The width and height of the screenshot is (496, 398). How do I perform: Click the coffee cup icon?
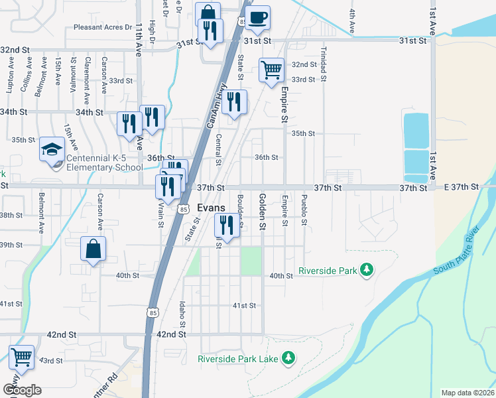tap(258, 17)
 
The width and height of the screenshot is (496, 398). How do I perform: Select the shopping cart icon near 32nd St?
tap(271, 69)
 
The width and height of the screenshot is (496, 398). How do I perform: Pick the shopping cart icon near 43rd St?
tap(22, 356)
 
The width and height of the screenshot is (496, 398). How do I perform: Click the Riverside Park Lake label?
tap(239, 359)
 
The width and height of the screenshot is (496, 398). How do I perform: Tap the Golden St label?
tap(263, 212)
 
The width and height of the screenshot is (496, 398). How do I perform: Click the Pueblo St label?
tap(304, 210)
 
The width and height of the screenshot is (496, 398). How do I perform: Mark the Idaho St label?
tap(181, 313)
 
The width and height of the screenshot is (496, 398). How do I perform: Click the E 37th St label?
tap(462, 188)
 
